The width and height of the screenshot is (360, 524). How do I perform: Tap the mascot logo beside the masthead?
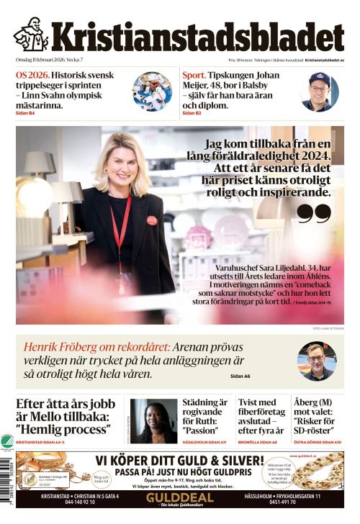point(31,35)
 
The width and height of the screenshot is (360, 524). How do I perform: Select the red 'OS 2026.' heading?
point(33,75)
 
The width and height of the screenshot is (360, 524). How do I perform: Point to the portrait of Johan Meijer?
point(319,91)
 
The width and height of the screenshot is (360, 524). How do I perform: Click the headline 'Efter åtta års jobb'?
point(61,404)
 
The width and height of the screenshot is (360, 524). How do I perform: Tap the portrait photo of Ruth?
point(153,421)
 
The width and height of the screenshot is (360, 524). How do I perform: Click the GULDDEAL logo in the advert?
point(179,498)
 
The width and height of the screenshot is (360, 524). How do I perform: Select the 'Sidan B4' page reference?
point(25,113)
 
